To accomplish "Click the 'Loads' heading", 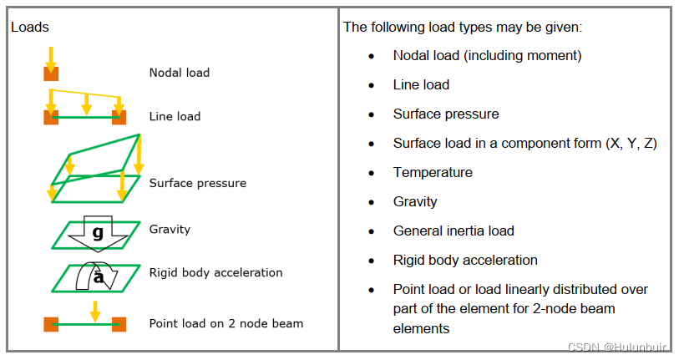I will click(30, 27).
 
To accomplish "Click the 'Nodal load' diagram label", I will click(179, 73).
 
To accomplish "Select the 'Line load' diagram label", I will click(175, 116).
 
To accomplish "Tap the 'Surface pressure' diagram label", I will click(197, 183).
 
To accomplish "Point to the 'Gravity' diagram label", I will click(170, 229).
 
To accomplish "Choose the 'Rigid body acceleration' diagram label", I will click(215, 272).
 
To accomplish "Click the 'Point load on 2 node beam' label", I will click(225, 323).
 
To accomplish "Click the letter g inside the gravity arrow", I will click(98, 233).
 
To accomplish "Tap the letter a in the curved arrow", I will click(98, 278).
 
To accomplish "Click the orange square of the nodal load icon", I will click(51, 74).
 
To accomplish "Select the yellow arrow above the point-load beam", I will click(95, 311).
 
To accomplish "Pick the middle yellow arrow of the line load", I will click(86, 100).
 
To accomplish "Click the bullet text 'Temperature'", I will click(433, 172).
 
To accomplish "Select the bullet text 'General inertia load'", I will click(454, 231).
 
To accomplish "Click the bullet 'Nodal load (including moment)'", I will click(487, 55).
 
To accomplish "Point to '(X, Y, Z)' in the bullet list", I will click(631, 143).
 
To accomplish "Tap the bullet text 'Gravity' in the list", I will click(415, 201).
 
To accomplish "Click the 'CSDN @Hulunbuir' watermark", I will click(621, 347).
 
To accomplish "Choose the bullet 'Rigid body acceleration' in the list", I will click(465, 260).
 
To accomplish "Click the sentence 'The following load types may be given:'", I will click(462, 27).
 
